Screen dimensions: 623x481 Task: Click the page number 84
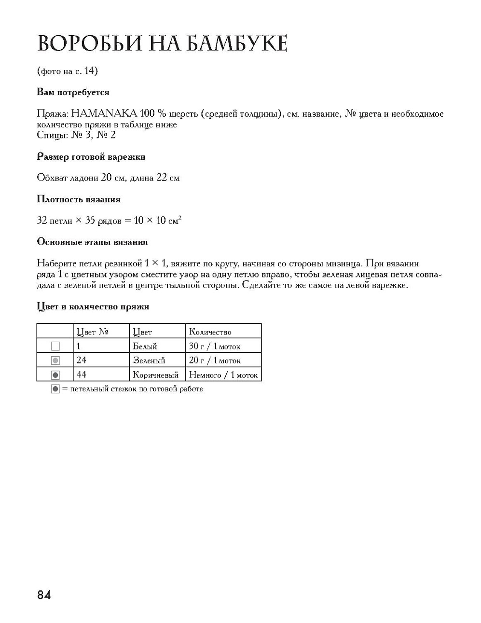43,595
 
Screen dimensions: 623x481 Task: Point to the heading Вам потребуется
73,92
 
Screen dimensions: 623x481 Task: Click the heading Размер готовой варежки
91,157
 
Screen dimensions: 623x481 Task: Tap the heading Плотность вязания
78,199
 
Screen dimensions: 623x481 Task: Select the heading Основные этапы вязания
92,242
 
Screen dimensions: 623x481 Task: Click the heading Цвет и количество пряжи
93,306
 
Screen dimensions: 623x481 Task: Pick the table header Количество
210,332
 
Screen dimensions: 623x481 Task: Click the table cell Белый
145,346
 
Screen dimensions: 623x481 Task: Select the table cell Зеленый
149,360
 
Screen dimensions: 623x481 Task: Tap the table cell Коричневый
155,375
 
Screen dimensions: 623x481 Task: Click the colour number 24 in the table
81,360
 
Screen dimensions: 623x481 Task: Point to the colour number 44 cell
81,374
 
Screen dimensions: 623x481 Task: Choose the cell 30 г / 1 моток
214,346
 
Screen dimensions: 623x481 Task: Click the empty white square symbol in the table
55,346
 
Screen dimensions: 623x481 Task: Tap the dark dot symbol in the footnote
55,389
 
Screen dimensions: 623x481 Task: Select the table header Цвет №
92,332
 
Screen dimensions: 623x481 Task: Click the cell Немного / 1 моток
223,375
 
